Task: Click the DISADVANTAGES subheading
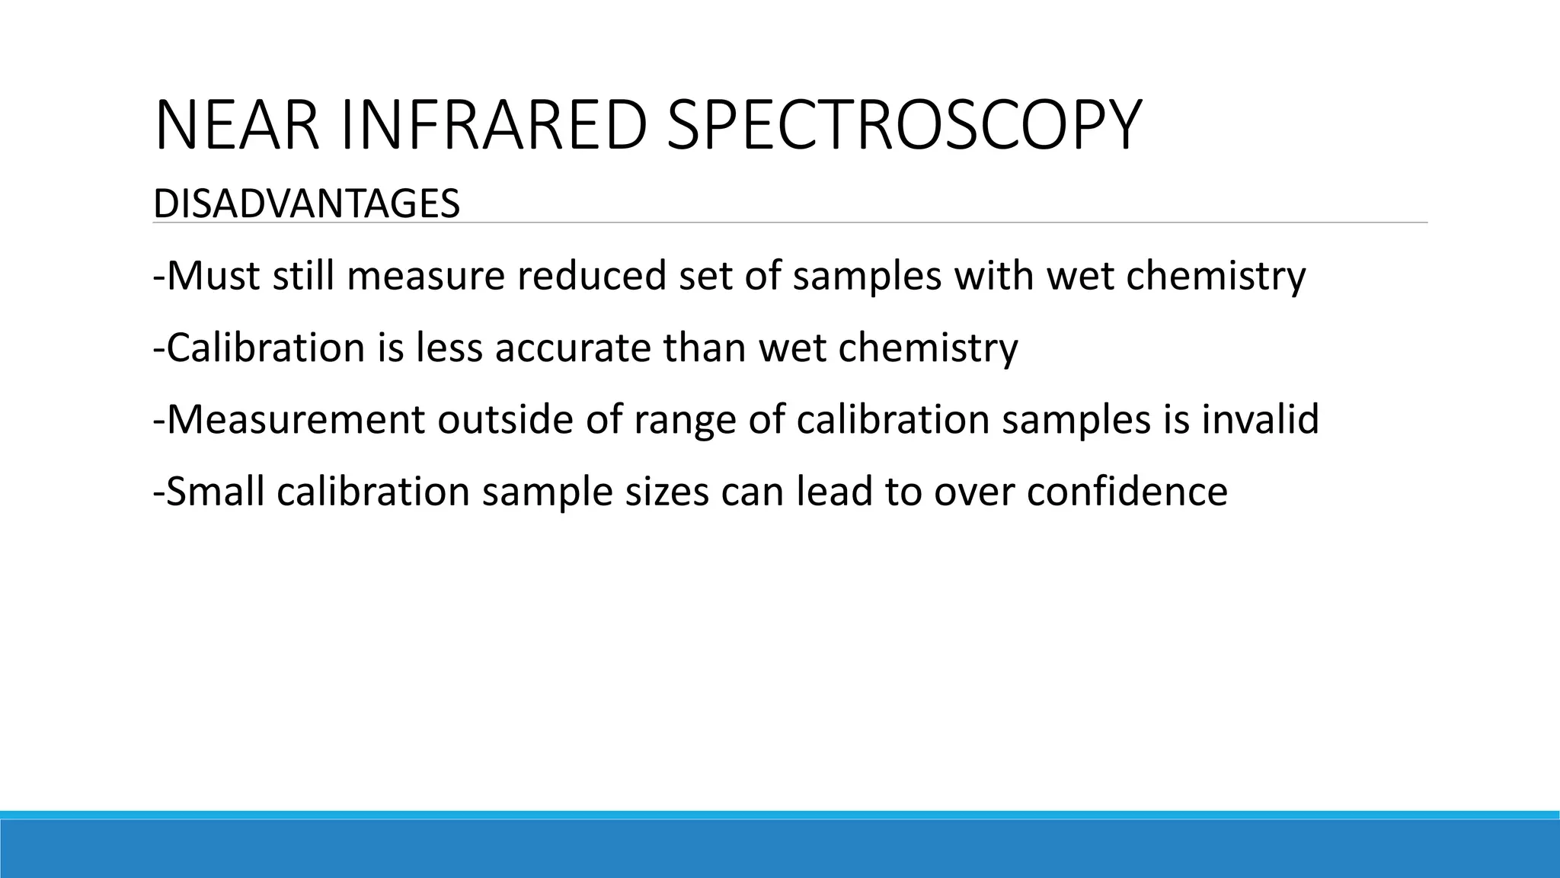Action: click(x=306, y=204)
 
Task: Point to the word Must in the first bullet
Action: click(x=213, y=276)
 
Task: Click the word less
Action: click(x=449, y=348)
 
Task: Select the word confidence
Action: click(x=1127, y=492)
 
